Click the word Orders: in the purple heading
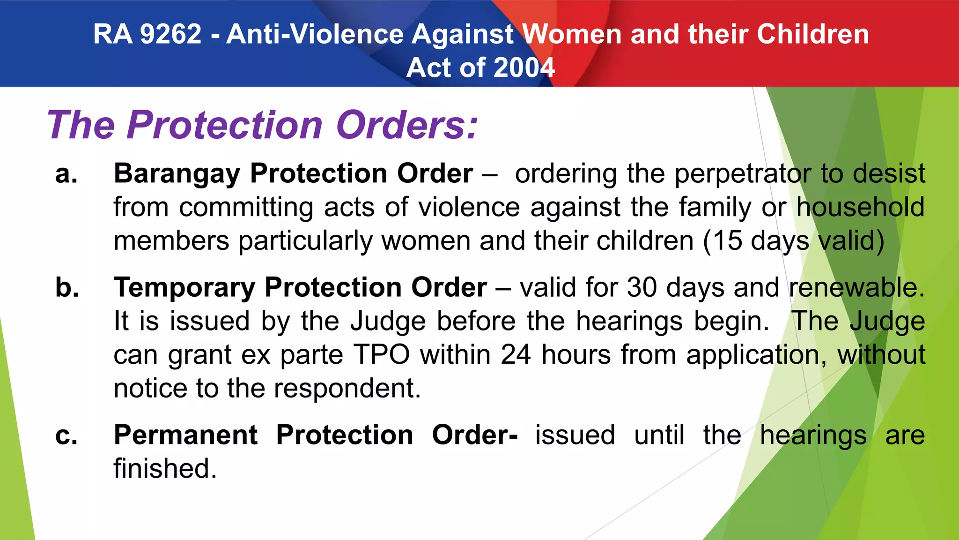(407, 125)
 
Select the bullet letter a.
(66, 174)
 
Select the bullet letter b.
(67, 287)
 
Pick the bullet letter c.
(66, 435)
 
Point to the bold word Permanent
(185, 435)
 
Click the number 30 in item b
(642, 287)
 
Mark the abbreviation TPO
(382, 355)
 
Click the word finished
(165, 469)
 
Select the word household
(861, 207)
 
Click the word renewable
(857, 287)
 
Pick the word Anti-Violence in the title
(315, 34)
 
